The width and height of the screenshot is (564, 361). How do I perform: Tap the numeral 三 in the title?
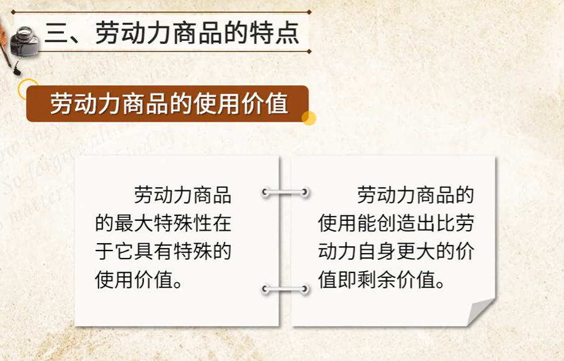click(56, 33)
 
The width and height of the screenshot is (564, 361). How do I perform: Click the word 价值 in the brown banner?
click(265, 104)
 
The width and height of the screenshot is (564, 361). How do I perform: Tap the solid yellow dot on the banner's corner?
click(308, 118)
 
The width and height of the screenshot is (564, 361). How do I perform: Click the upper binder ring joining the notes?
click(285, 192)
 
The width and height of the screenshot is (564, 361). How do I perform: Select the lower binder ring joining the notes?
click(285, 288)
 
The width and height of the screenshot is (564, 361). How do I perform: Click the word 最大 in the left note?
click(134, 223)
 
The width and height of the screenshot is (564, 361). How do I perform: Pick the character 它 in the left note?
click(124, 251)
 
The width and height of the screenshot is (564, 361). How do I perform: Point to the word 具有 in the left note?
click(153, 251)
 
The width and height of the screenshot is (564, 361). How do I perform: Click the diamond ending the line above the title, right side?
click(309, 12)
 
